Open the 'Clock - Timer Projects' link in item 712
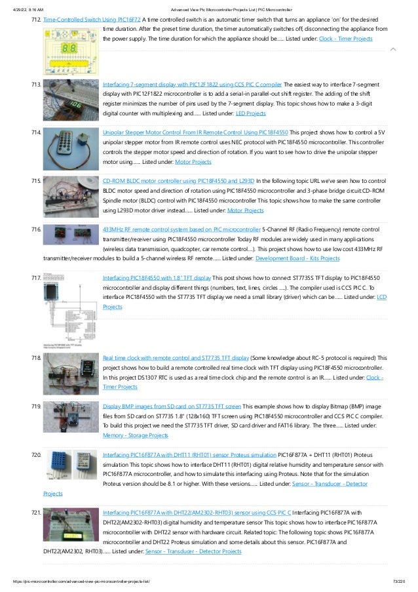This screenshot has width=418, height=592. pyautogui.click(x=346, y=39)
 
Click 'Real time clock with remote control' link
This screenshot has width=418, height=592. pyautogui.click(x=176, y=358)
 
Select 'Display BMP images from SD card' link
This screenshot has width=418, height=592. pyautogui.click(x=172, y=406)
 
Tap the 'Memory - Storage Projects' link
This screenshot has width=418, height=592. pyautogui.click(x=136, y=435)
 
